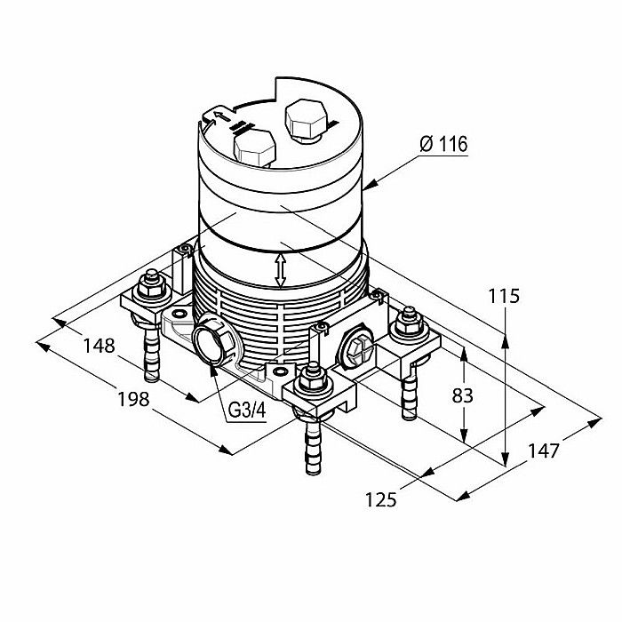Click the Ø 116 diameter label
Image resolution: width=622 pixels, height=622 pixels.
[x=444, y=144]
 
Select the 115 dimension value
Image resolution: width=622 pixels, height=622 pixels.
[x=504, y=296]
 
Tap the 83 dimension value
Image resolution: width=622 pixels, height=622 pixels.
[x=463, y=395]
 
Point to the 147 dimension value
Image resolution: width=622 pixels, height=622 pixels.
[x=544, y=451]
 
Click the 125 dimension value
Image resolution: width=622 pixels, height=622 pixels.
[x=381, y=499]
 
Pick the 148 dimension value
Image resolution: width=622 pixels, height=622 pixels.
[x=100, y=346]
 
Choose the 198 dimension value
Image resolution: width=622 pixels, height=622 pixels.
[x=133, y=399]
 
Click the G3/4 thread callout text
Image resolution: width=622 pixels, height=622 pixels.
[x=247, y=411]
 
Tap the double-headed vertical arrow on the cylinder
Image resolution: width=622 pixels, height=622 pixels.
[x=281, y=270]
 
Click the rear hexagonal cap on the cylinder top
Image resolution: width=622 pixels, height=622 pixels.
[x=307, y=120]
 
